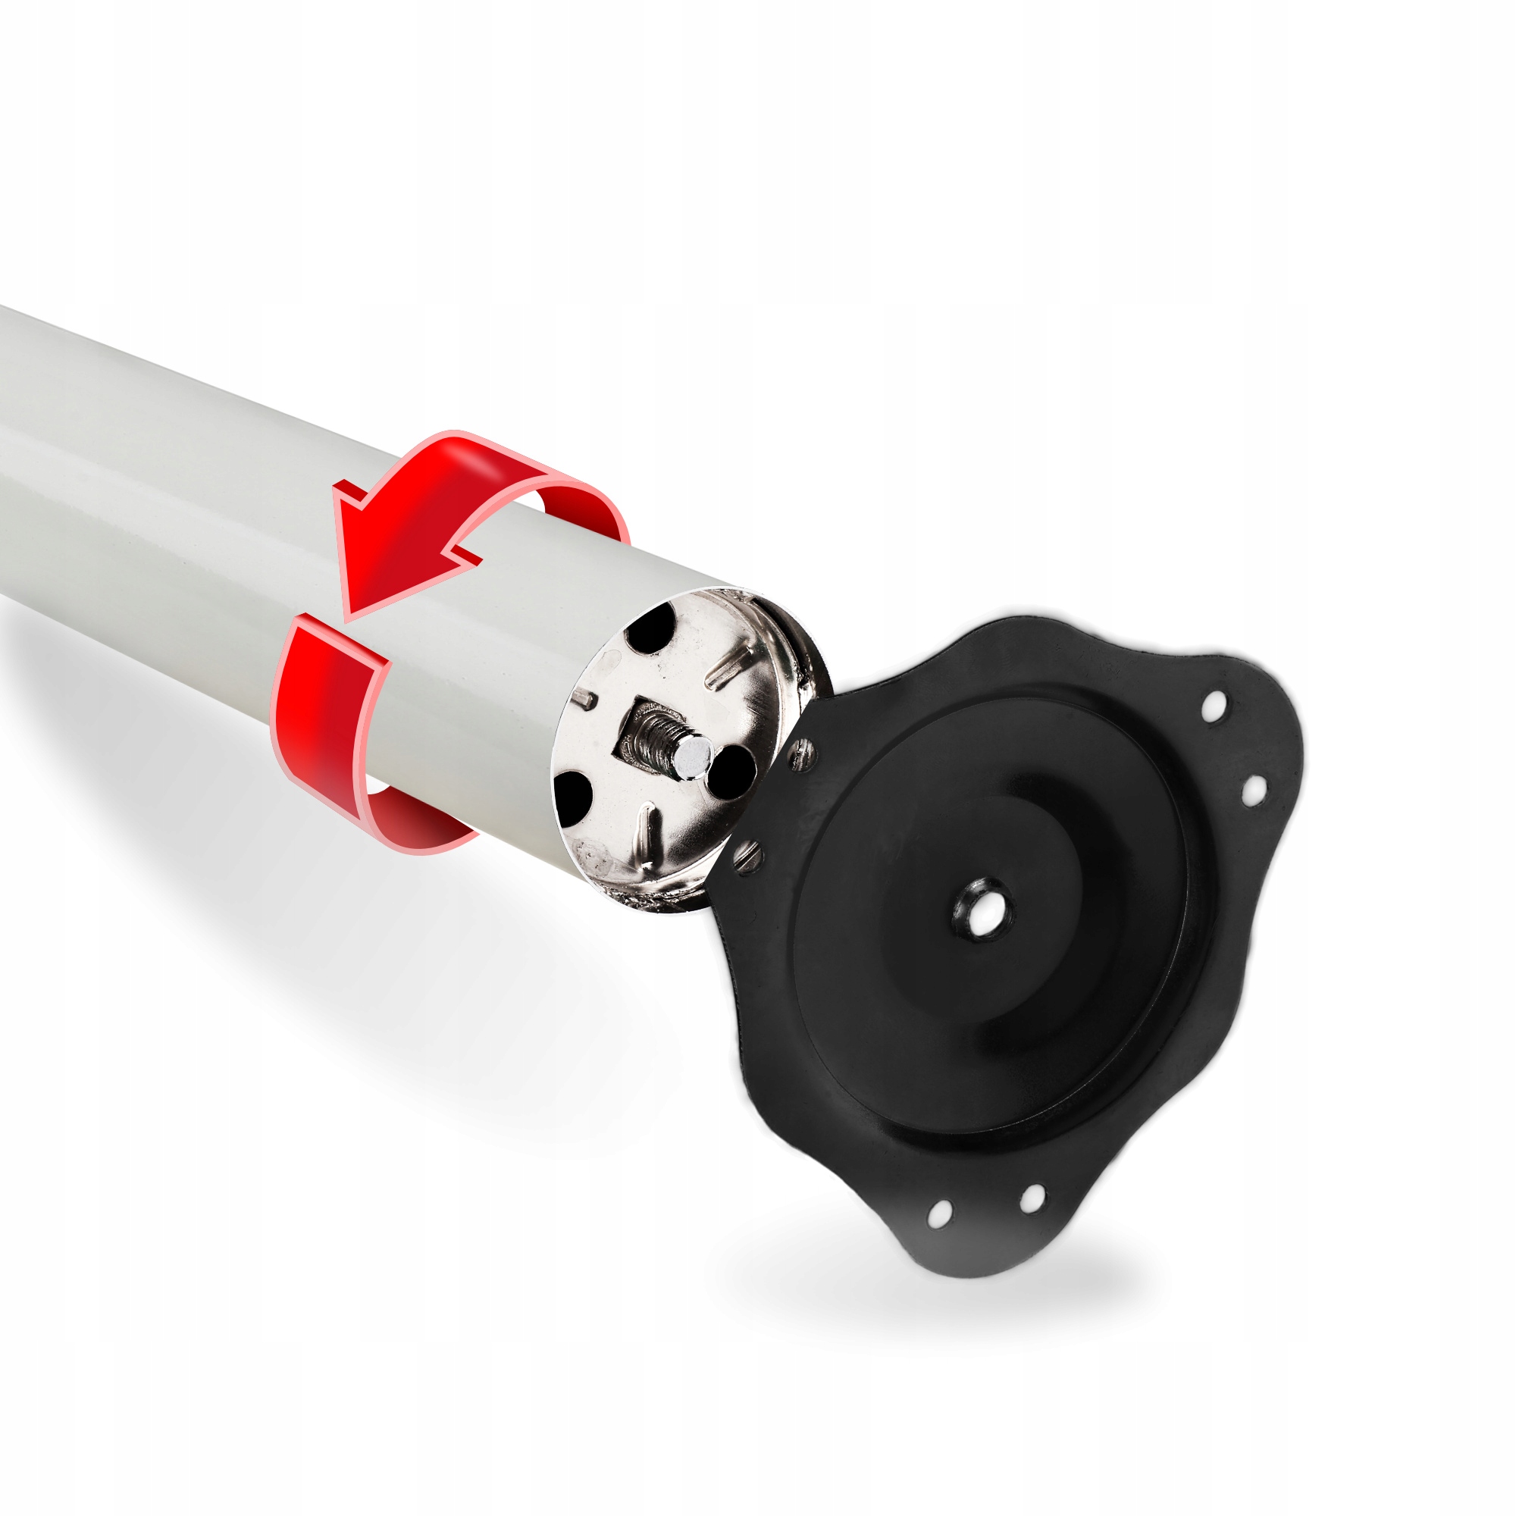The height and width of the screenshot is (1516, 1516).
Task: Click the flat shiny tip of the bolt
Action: pos(694,756)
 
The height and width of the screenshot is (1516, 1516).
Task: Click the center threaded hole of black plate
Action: pos(982,910)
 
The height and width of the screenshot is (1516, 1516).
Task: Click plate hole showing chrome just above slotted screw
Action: pos(801,753)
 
